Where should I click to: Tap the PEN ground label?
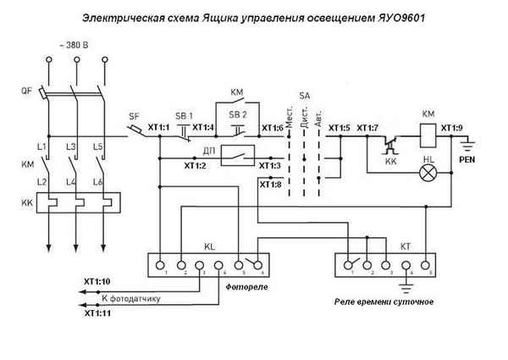[467, 158]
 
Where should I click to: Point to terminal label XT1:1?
[159, 127]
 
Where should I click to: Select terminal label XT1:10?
[97, 280]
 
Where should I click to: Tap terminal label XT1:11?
[97, 313]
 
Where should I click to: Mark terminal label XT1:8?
[270, 184]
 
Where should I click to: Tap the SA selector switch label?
[304, 96]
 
